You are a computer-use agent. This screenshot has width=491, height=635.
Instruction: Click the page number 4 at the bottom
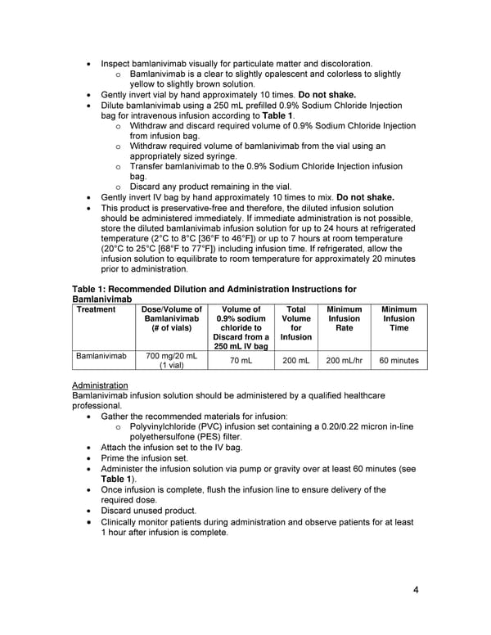point(416,591)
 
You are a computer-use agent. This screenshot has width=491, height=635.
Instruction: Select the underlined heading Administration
point(100,385)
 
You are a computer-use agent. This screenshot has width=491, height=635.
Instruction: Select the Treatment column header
point(95,309)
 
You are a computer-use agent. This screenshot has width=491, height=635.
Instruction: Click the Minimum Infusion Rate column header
point(344,318)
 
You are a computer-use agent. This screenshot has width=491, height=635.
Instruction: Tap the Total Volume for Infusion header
point(295,323)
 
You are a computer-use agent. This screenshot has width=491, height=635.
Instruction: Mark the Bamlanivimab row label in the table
point(101,357)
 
